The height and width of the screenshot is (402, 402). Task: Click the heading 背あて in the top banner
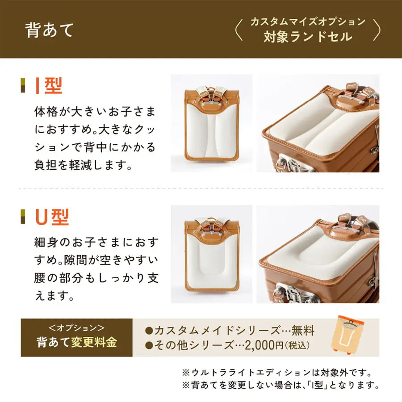coord(50,30)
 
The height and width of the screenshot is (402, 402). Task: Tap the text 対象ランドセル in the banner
coord(308,37)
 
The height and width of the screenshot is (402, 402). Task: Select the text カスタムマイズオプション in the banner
coord(308,21)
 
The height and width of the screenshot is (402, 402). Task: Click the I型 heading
coord(49,86)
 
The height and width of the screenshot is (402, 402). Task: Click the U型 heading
coord(52,218)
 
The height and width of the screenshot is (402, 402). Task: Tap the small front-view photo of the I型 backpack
coord(212,123)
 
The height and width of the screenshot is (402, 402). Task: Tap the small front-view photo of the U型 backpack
coord(212,254)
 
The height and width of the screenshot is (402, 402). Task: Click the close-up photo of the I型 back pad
coord(318,123)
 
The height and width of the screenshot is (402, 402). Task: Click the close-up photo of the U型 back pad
coord(318,254)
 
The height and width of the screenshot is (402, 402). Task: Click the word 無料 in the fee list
coord(303,331)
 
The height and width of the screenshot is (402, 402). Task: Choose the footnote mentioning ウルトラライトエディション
coord(277,372)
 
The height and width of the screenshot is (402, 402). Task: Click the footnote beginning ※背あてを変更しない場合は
coord(281,385)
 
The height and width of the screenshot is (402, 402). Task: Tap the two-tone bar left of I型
coord(23,86)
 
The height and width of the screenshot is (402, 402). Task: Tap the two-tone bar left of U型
coord(23,218)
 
